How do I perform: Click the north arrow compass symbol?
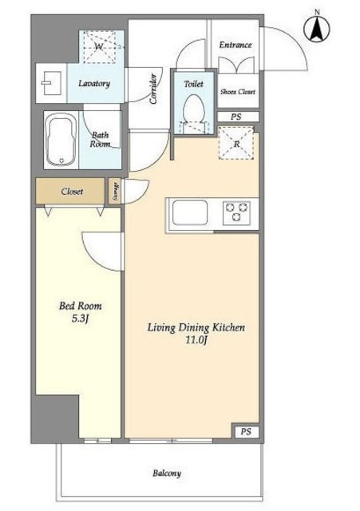click(x=317, y=29)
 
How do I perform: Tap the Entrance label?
click(x=235, y=45)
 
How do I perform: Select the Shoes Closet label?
click(x=238, y=92)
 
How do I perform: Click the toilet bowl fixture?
click(x=193, y=113)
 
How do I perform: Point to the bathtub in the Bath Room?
click(x=61, y=141)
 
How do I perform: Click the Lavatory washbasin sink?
click(x=51, y=83)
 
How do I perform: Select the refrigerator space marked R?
click(x=236, y=144)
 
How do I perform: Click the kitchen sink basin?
click(x=190, y=212)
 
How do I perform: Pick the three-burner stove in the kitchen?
click(x=236, y=212)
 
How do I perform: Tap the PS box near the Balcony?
click(x=246, y=432)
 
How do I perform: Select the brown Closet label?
click(x=72, y=192)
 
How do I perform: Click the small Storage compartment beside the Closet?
click(x=115, y=192)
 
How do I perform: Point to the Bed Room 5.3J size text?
click(x=80, y=319)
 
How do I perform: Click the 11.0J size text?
click(x=196, y=341)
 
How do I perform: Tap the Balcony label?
click(x=167, y=473)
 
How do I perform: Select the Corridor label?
click(x=153, y=89)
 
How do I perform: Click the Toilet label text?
click(x=193, y=84)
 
